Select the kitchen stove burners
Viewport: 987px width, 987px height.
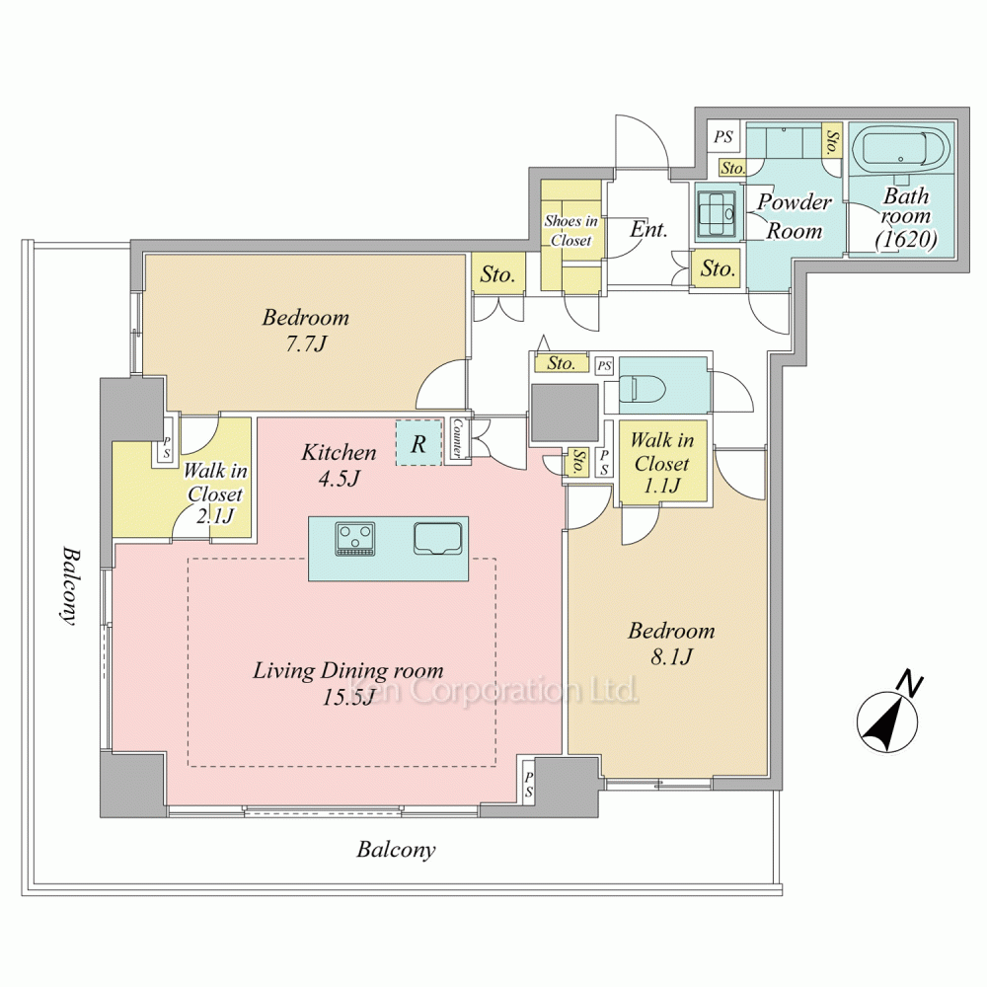point(355,540)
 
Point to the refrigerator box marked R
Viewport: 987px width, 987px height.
point(418,443)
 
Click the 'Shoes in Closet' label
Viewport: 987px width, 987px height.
point(570,230)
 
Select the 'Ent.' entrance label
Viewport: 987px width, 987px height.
point(648,229)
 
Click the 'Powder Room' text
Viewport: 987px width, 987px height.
point(795,216)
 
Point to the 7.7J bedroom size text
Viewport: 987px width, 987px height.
point(306,344)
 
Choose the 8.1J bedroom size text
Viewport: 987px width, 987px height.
point(671,657)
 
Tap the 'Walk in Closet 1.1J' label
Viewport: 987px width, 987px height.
point(662,463)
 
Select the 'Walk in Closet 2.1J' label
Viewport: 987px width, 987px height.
point(215,493)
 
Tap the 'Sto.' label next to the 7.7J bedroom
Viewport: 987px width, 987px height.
point(497,274)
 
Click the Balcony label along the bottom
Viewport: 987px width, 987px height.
point(396,850)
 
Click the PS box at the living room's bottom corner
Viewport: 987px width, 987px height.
point(529,785)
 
